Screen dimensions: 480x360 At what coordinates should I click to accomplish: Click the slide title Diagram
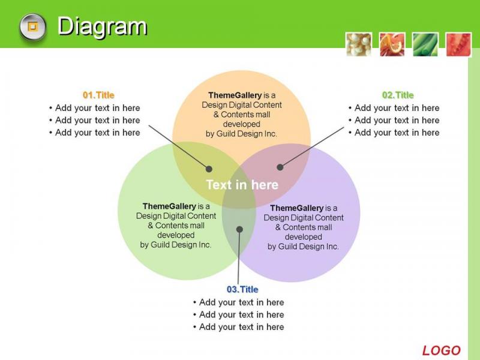coord(102,27)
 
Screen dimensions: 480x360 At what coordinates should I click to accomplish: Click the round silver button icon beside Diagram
coord(33,27)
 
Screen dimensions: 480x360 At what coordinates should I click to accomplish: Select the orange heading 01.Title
coord(98,95)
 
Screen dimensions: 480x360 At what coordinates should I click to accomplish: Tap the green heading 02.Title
coord(398,95)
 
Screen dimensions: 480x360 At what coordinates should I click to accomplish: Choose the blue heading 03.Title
coord(242,289)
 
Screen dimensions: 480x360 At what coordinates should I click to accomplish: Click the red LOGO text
coord(441,350)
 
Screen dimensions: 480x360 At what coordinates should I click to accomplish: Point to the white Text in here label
coord(242,185)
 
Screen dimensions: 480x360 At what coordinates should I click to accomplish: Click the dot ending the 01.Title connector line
coord(209,169)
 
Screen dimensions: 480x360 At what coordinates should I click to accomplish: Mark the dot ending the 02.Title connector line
coord(280,167)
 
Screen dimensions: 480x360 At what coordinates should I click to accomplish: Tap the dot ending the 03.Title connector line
coord(239,229)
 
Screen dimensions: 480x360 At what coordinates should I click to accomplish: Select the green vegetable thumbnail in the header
coord(425,44)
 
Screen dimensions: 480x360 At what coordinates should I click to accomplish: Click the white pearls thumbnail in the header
coord(359,44)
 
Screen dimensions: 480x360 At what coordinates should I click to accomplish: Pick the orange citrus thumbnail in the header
coord(392,44)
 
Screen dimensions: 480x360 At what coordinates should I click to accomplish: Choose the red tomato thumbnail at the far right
coord(458,44)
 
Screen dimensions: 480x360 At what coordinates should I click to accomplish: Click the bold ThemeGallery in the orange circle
coord(235,95)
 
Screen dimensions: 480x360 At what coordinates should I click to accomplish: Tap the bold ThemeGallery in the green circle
coord(169,206)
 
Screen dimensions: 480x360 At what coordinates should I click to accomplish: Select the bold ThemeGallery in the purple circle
coord(296,208)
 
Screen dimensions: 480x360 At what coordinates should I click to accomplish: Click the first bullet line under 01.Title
coord(94,108)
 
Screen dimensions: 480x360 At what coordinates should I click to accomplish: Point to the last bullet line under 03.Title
coord(238,326)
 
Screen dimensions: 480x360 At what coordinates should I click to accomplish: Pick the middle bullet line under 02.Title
coord(394,120)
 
